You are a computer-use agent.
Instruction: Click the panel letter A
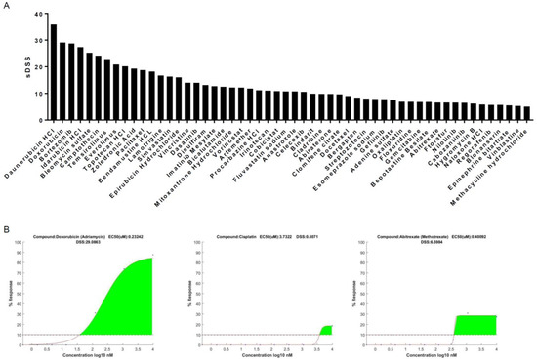6,6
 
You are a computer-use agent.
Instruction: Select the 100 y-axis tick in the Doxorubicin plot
22,247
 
